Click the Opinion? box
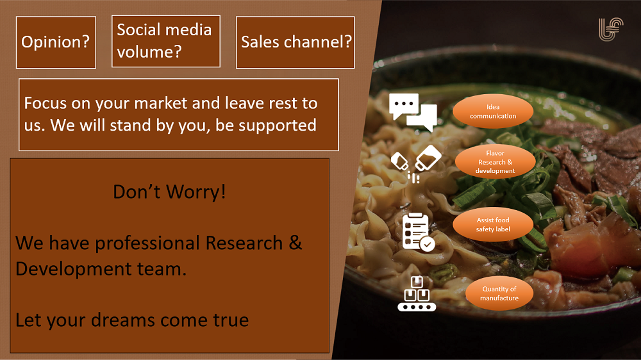click(56, 42)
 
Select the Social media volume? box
click(166, 41)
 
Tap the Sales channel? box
click(295, 42)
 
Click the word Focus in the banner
click(45, 103)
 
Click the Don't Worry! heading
click(169, 192)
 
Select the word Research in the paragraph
click(244, 243)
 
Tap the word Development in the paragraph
click(74, 269)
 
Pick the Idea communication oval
click(492, 111)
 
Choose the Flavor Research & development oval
click(495, 162)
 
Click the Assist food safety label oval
click(493, 224)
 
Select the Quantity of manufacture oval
click(499, 293)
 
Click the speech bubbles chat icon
click(413, 112)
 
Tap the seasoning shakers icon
click(416, 163)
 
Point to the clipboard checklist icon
click(418, 232)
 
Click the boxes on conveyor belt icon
click(417, 293)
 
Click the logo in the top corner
click(611, 29)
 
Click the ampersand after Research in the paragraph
click(295, 243)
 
